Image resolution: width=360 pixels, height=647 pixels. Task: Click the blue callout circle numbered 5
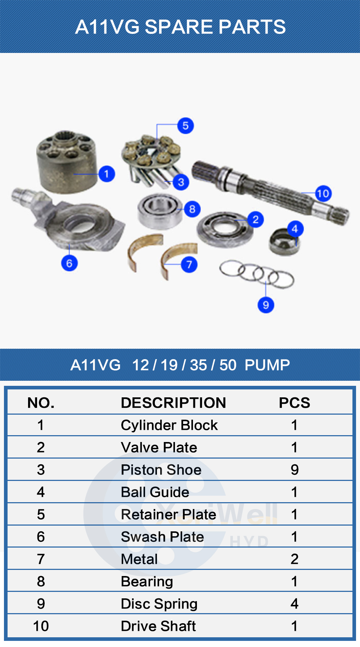tap(185, 126)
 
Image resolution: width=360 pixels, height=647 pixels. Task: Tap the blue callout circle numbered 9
tap(266, 305)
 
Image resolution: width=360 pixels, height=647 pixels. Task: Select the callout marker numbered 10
tap(323, 194)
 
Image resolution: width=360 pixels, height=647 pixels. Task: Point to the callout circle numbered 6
tap(69, 263)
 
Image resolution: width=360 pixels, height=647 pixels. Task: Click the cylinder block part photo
tap(67, 162)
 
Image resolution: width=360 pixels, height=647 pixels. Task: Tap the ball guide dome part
tap(284, 242)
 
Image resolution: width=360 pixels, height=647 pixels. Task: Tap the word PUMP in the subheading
tap(267, 365)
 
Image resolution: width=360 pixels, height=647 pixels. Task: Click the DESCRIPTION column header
tap(173, 403)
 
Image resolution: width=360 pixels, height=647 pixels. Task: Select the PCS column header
tap(294, 403)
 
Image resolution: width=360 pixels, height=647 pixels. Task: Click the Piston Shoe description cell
tap(161, 470)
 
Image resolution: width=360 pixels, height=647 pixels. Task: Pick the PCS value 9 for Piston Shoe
tap(294, 470)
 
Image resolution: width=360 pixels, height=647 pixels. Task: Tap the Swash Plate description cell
tap(162, 537)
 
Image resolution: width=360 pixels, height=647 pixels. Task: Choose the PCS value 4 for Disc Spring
tap(294, 604)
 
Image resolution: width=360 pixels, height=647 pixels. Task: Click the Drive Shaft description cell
tap(158, 626)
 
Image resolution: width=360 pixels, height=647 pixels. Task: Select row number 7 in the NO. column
tap(41, 559)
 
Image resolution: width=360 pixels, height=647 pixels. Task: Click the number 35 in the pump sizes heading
tap(198, 365)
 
